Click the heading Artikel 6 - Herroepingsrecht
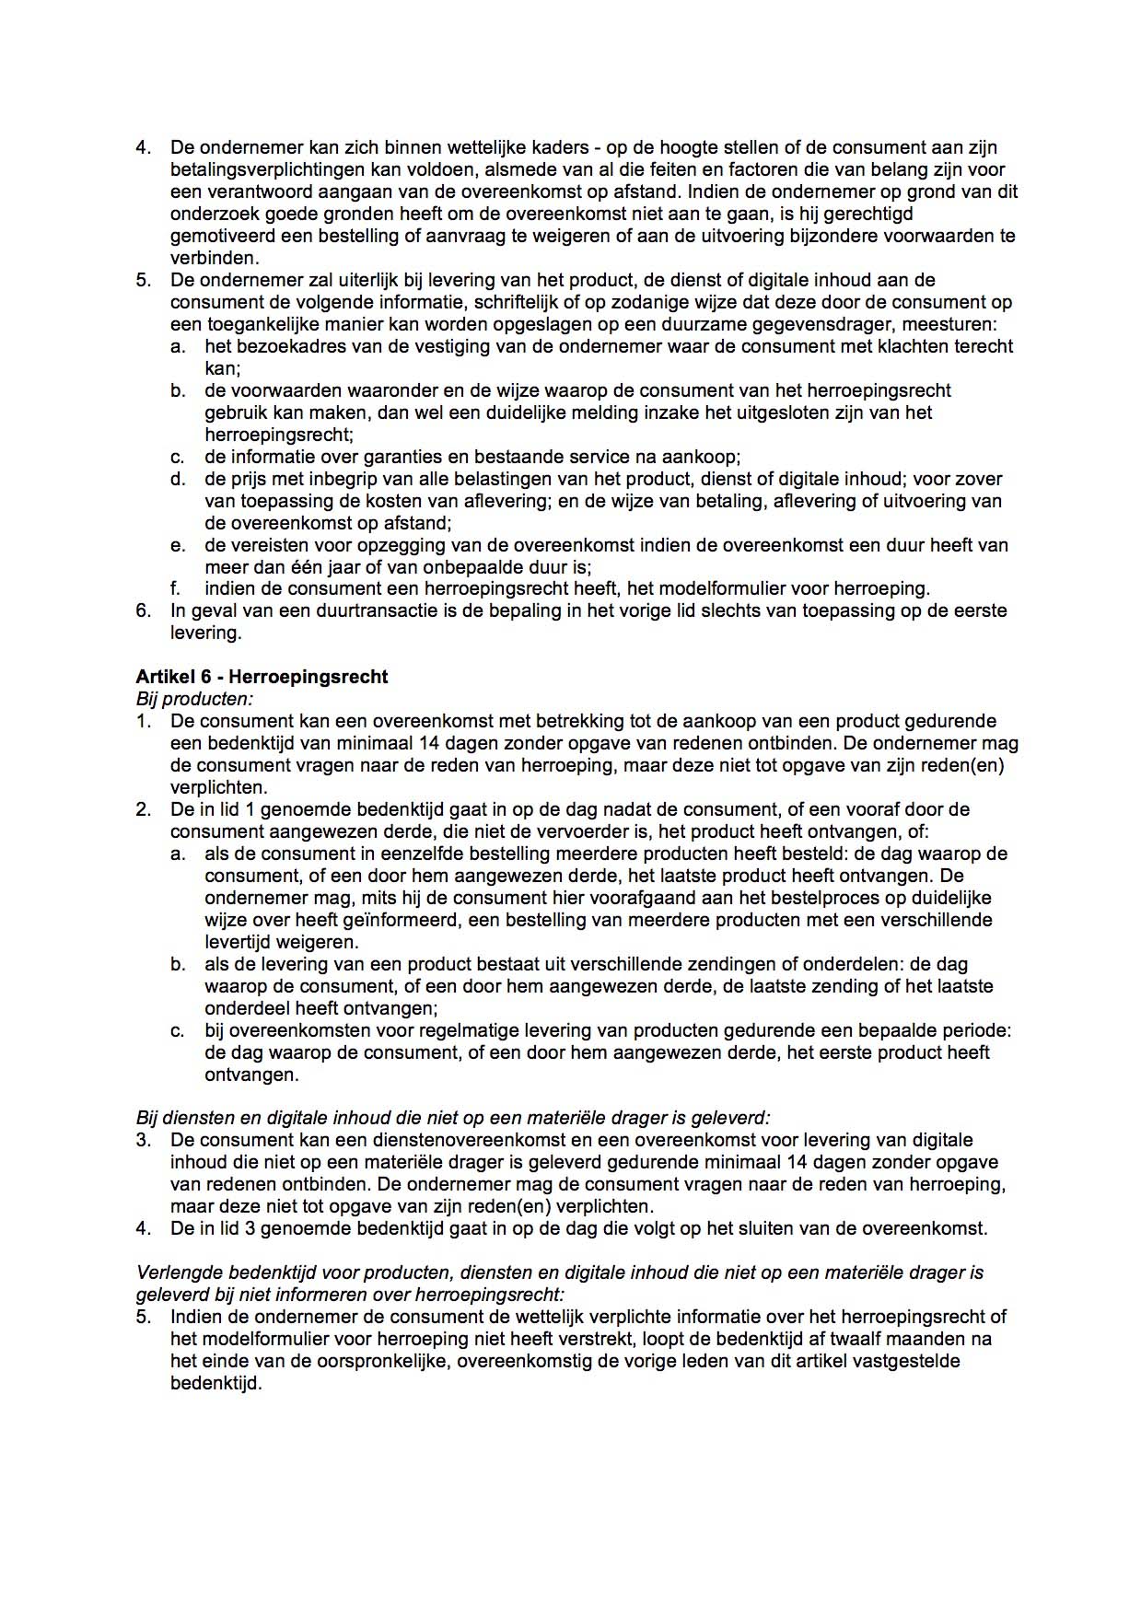262,677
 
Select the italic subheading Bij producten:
194,699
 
